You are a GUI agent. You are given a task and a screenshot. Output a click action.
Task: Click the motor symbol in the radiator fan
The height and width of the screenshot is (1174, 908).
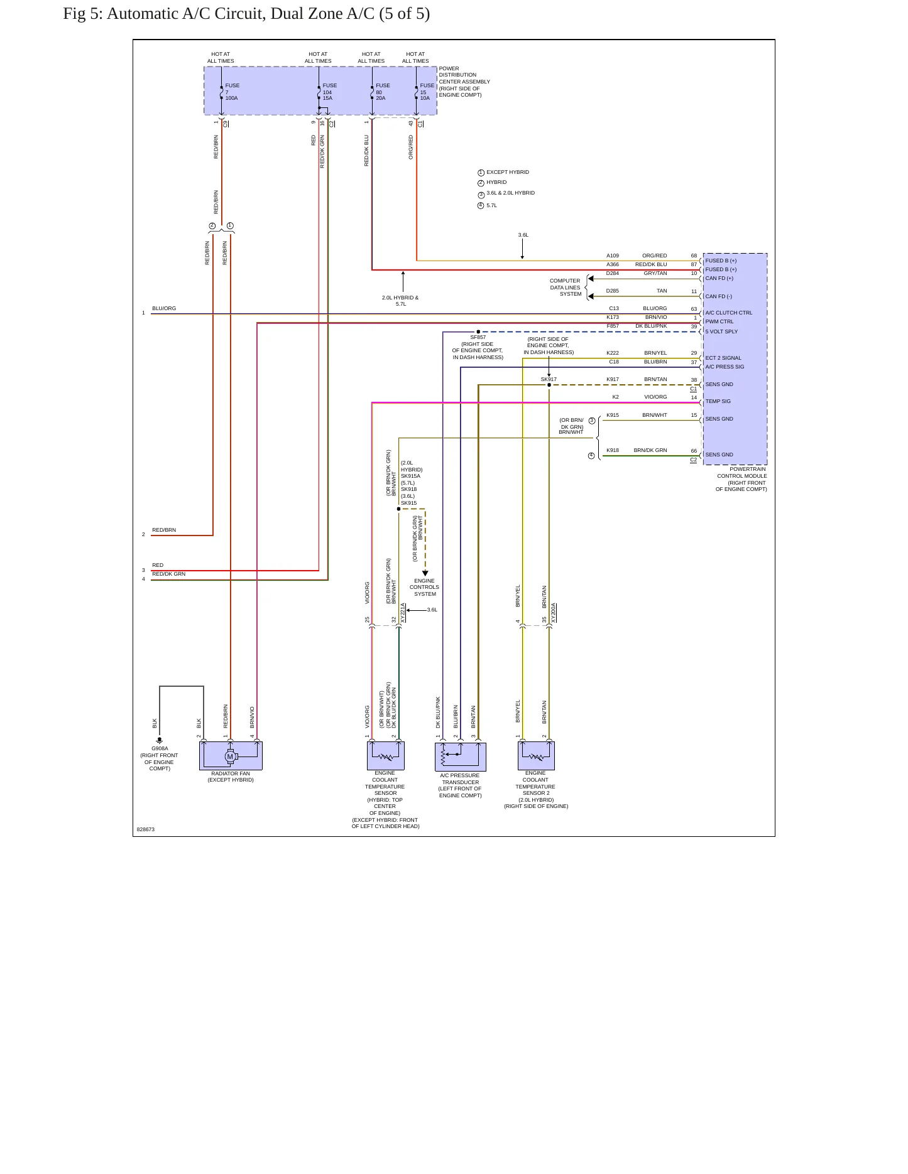coord(231,757)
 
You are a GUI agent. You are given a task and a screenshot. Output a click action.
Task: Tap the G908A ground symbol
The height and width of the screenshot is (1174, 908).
coord(160,740)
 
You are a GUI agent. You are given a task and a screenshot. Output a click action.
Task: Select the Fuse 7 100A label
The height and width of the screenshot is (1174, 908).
coord(232,92)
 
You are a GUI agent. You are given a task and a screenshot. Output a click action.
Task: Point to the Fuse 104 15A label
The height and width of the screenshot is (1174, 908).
coord(329,92)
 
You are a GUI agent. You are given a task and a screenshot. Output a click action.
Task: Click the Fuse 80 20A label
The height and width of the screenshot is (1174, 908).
coord(383,92)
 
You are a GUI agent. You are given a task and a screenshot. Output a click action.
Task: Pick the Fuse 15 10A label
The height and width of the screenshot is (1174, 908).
coord(427,92)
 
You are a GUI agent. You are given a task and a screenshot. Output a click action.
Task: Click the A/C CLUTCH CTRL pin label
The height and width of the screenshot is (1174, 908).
coord(728,313)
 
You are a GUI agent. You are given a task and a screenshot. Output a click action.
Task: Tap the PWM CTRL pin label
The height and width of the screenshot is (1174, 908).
coord(719,321)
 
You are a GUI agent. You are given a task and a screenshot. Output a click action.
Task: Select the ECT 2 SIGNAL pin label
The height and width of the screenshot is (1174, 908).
coord(723,358)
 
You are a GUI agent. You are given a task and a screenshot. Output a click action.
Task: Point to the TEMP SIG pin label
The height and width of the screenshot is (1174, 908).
coord(718,401)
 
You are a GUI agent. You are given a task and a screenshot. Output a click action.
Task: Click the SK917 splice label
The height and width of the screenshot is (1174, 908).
coord(549,379)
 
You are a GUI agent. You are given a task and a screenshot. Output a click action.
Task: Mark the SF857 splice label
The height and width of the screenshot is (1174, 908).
coord(478,337)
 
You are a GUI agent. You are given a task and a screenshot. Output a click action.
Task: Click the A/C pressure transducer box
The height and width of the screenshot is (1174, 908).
coord(461,757)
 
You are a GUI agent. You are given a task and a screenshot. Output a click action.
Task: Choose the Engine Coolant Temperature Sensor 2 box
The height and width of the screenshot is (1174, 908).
coord(536,756)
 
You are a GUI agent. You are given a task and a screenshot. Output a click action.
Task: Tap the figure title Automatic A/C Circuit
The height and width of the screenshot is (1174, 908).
coord(247,14)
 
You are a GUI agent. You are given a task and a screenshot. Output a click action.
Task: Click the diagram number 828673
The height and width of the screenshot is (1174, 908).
coord(146,829)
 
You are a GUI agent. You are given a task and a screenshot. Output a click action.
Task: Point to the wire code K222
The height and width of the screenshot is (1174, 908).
coord(613,353)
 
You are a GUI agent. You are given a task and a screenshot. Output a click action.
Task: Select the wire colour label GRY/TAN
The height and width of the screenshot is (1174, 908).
coord(655,273)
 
